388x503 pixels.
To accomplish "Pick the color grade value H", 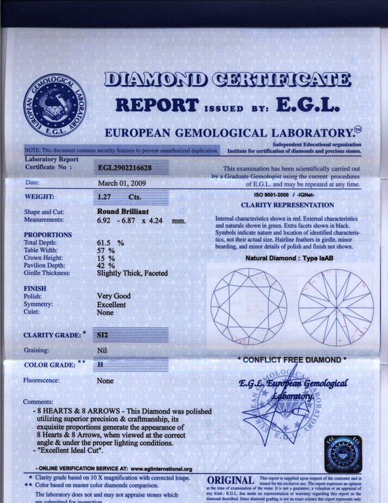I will (x=101, y=365).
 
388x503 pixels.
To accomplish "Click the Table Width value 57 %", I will (x=106, y=251).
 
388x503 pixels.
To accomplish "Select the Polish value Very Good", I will (x=114, y=296).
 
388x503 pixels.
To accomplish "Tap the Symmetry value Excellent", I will (x=111, y=304).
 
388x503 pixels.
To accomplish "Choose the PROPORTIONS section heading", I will (x=48, y=235).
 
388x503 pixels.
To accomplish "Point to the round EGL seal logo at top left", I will (x=55, y=107).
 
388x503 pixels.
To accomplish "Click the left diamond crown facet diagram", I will (x=249, y=306).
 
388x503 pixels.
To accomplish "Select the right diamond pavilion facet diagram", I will (x=335, y=306).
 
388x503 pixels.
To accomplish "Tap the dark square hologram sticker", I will (x=343, y=454).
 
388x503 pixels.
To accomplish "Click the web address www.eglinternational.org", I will (x=161, y=469).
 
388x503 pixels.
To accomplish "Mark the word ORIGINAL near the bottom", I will (x=231, y=480).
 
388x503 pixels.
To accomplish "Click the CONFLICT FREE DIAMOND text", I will (x=292, y=360).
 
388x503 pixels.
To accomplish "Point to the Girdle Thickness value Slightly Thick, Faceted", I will (x=132, y=273).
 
